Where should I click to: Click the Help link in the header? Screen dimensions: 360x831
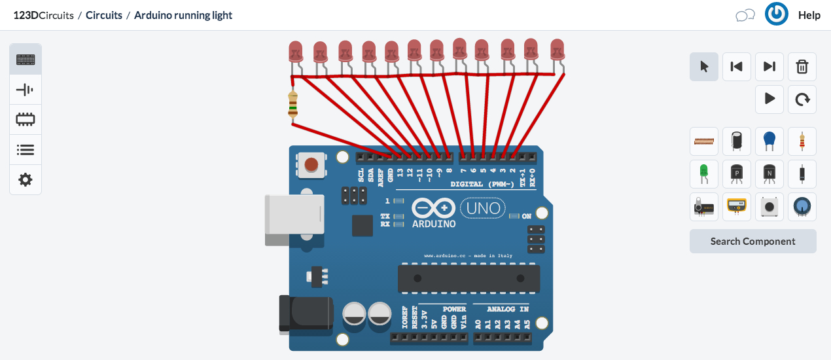tap(809, 15)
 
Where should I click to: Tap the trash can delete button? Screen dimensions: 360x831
tap(802, 67)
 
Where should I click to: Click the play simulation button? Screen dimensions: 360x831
tap(769, 99)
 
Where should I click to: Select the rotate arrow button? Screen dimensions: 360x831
tap(802, 99)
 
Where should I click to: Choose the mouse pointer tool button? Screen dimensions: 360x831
tap(704, 67)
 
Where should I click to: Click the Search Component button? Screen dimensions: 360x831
tap(752, 241)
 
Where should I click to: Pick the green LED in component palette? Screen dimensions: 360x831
tap(704, 173)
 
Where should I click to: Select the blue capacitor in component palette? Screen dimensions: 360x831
tap(769, 141)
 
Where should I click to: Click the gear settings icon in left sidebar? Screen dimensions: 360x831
tap(26, 180)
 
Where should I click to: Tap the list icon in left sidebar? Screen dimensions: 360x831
tap(26, 150)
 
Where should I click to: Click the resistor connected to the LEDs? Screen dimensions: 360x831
tap(292, 105)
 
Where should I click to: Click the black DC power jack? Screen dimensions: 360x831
tap(305, 314)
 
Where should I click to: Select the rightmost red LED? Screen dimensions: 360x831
tap(557, 49)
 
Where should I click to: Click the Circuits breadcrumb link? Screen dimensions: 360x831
tap(104, 15)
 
